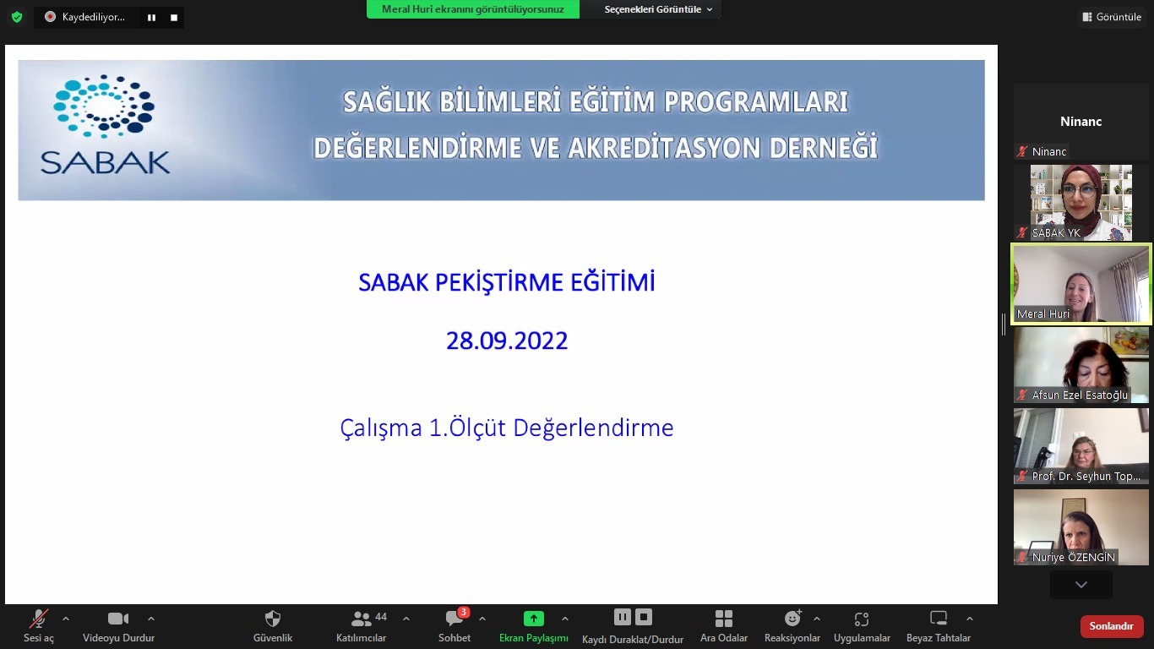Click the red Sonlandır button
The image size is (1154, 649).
pos(1111,626)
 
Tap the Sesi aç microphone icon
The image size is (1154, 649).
pos(38,619)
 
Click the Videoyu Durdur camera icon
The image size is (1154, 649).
pos(118,619)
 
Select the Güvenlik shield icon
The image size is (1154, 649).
pos(272,619)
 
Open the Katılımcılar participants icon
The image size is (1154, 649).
pos(362,619)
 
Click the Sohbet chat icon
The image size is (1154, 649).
pos(455,619)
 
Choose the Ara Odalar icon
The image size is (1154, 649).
pos(723,619)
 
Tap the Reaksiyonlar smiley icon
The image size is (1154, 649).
pos(792,619)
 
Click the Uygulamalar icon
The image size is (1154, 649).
pos(862,619)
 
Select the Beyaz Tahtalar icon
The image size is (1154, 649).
pos(938,619)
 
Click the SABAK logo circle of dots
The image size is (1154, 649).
pos(104,106)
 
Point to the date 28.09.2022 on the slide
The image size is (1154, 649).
pos(507,341)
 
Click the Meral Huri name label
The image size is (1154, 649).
pos(1043,314)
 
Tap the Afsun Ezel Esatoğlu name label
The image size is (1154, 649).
pos(1080,395)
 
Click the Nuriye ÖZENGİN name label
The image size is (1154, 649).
pos(1073,557)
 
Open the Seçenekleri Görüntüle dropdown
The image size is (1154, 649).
pos(658,9)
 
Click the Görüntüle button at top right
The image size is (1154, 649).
pos(1112,17)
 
